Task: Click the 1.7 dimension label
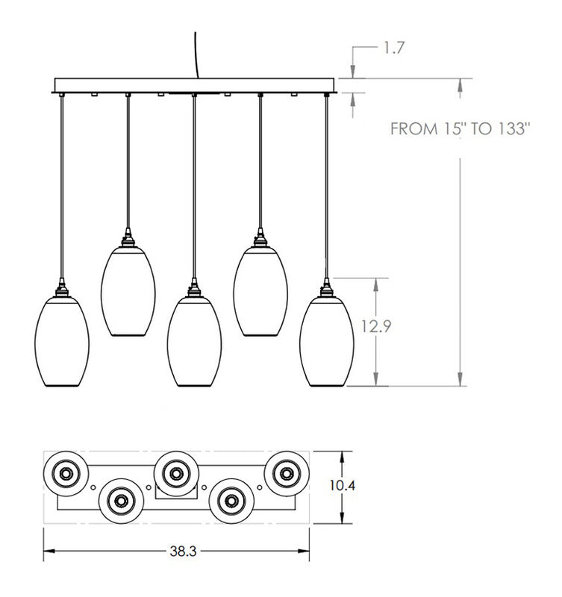[x=393, y=48]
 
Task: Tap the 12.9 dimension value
[x=376, y=326]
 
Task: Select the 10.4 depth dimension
[x=343, y=486]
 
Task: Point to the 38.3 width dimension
[x=183, y=551]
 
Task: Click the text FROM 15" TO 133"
[x=460, y=128]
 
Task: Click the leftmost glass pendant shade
[x=62, y=342]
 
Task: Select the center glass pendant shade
[x=194, y=342]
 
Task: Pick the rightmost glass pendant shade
[x=327, y=342]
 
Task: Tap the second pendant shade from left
[x=128, y=291]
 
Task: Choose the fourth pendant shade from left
[x=260, y=291]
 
